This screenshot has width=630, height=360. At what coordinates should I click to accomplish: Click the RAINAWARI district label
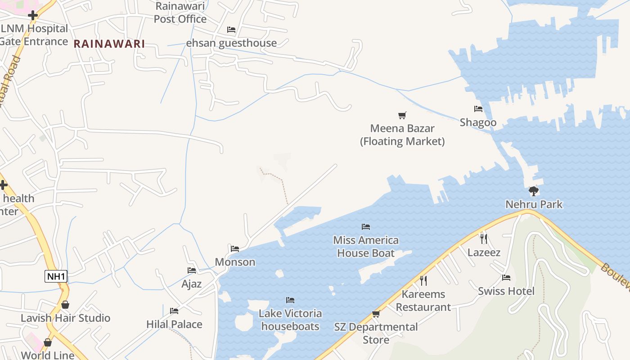[109, 44]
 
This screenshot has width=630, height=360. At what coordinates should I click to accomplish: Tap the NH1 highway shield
[56, 276]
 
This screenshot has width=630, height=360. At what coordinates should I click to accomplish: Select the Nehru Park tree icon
[534, 191]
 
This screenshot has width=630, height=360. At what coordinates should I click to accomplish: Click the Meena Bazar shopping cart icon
[402, 116]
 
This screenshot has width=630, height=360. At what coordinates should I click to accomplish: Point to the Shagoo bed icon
[478, 109]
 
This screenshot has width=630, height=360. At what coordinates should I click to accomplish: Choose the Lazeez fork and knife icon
[484, 238]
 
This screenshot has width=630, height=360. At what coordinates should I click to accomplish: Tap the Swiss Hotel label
[506, 291]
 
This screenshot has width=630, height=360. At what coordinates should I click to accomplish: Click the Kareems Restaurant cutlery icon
[423, 281]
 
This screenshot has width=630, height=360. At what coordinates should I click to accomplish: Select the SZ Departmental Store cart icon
[376, 314]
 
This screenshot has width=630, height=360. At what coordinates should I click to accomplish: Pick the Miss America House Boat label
[366, 247]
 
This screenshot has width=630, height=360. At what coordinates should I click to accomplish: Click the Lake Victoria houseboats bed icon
[290, 300]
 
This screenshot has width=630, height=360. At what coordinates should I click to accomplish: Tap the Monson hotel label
[235, 262]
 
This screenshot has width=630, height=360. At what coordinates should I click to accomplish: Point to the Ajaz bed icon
[192, 270]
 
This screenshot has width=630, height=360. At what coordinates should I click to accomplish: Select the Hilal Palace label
[174, 324]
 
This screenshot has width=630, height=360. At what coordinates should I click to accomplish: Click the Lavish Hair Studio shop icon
[65, 305]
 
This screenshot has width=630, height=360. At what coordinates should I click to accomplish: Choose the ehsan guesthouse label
[231, 43]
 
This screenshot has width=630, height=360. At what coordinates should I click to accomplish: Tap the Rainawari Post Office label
[180, 13]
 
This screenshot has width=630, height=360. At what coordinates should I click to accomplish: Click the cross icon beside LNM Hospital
[32, 16]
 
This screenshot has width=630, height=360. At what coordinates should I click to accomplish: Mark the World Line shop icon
[48, 342]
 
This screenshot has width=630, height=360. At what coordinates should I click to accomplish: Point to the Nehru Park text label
[534, 204]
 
